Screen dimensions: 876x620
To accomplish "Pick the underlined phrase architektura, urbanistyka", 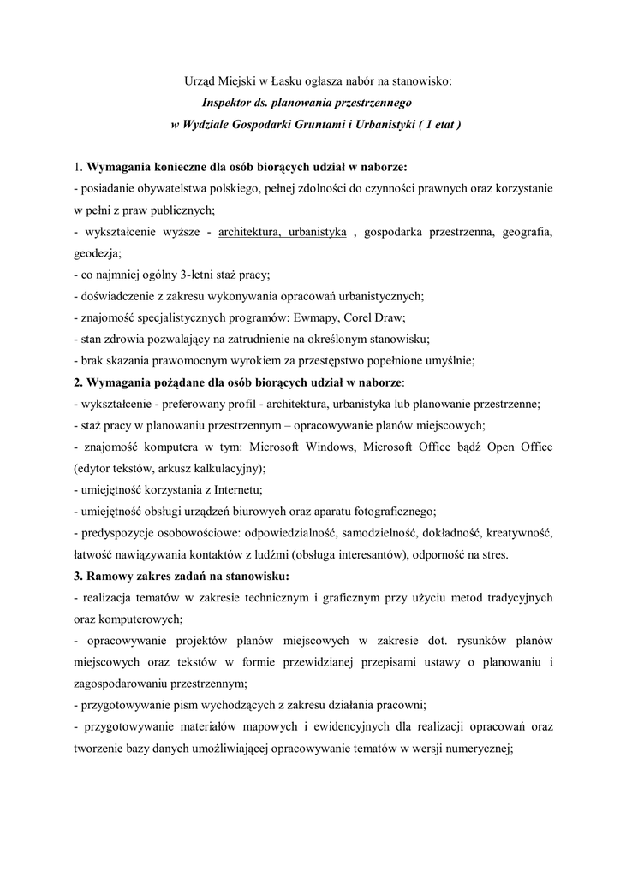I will click(x=283, y=232).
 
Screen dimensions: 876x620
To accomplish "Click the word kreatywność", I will click(x=519, y=533).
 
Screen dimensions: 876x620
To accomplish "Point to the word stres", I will click(x=492, y=554).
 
